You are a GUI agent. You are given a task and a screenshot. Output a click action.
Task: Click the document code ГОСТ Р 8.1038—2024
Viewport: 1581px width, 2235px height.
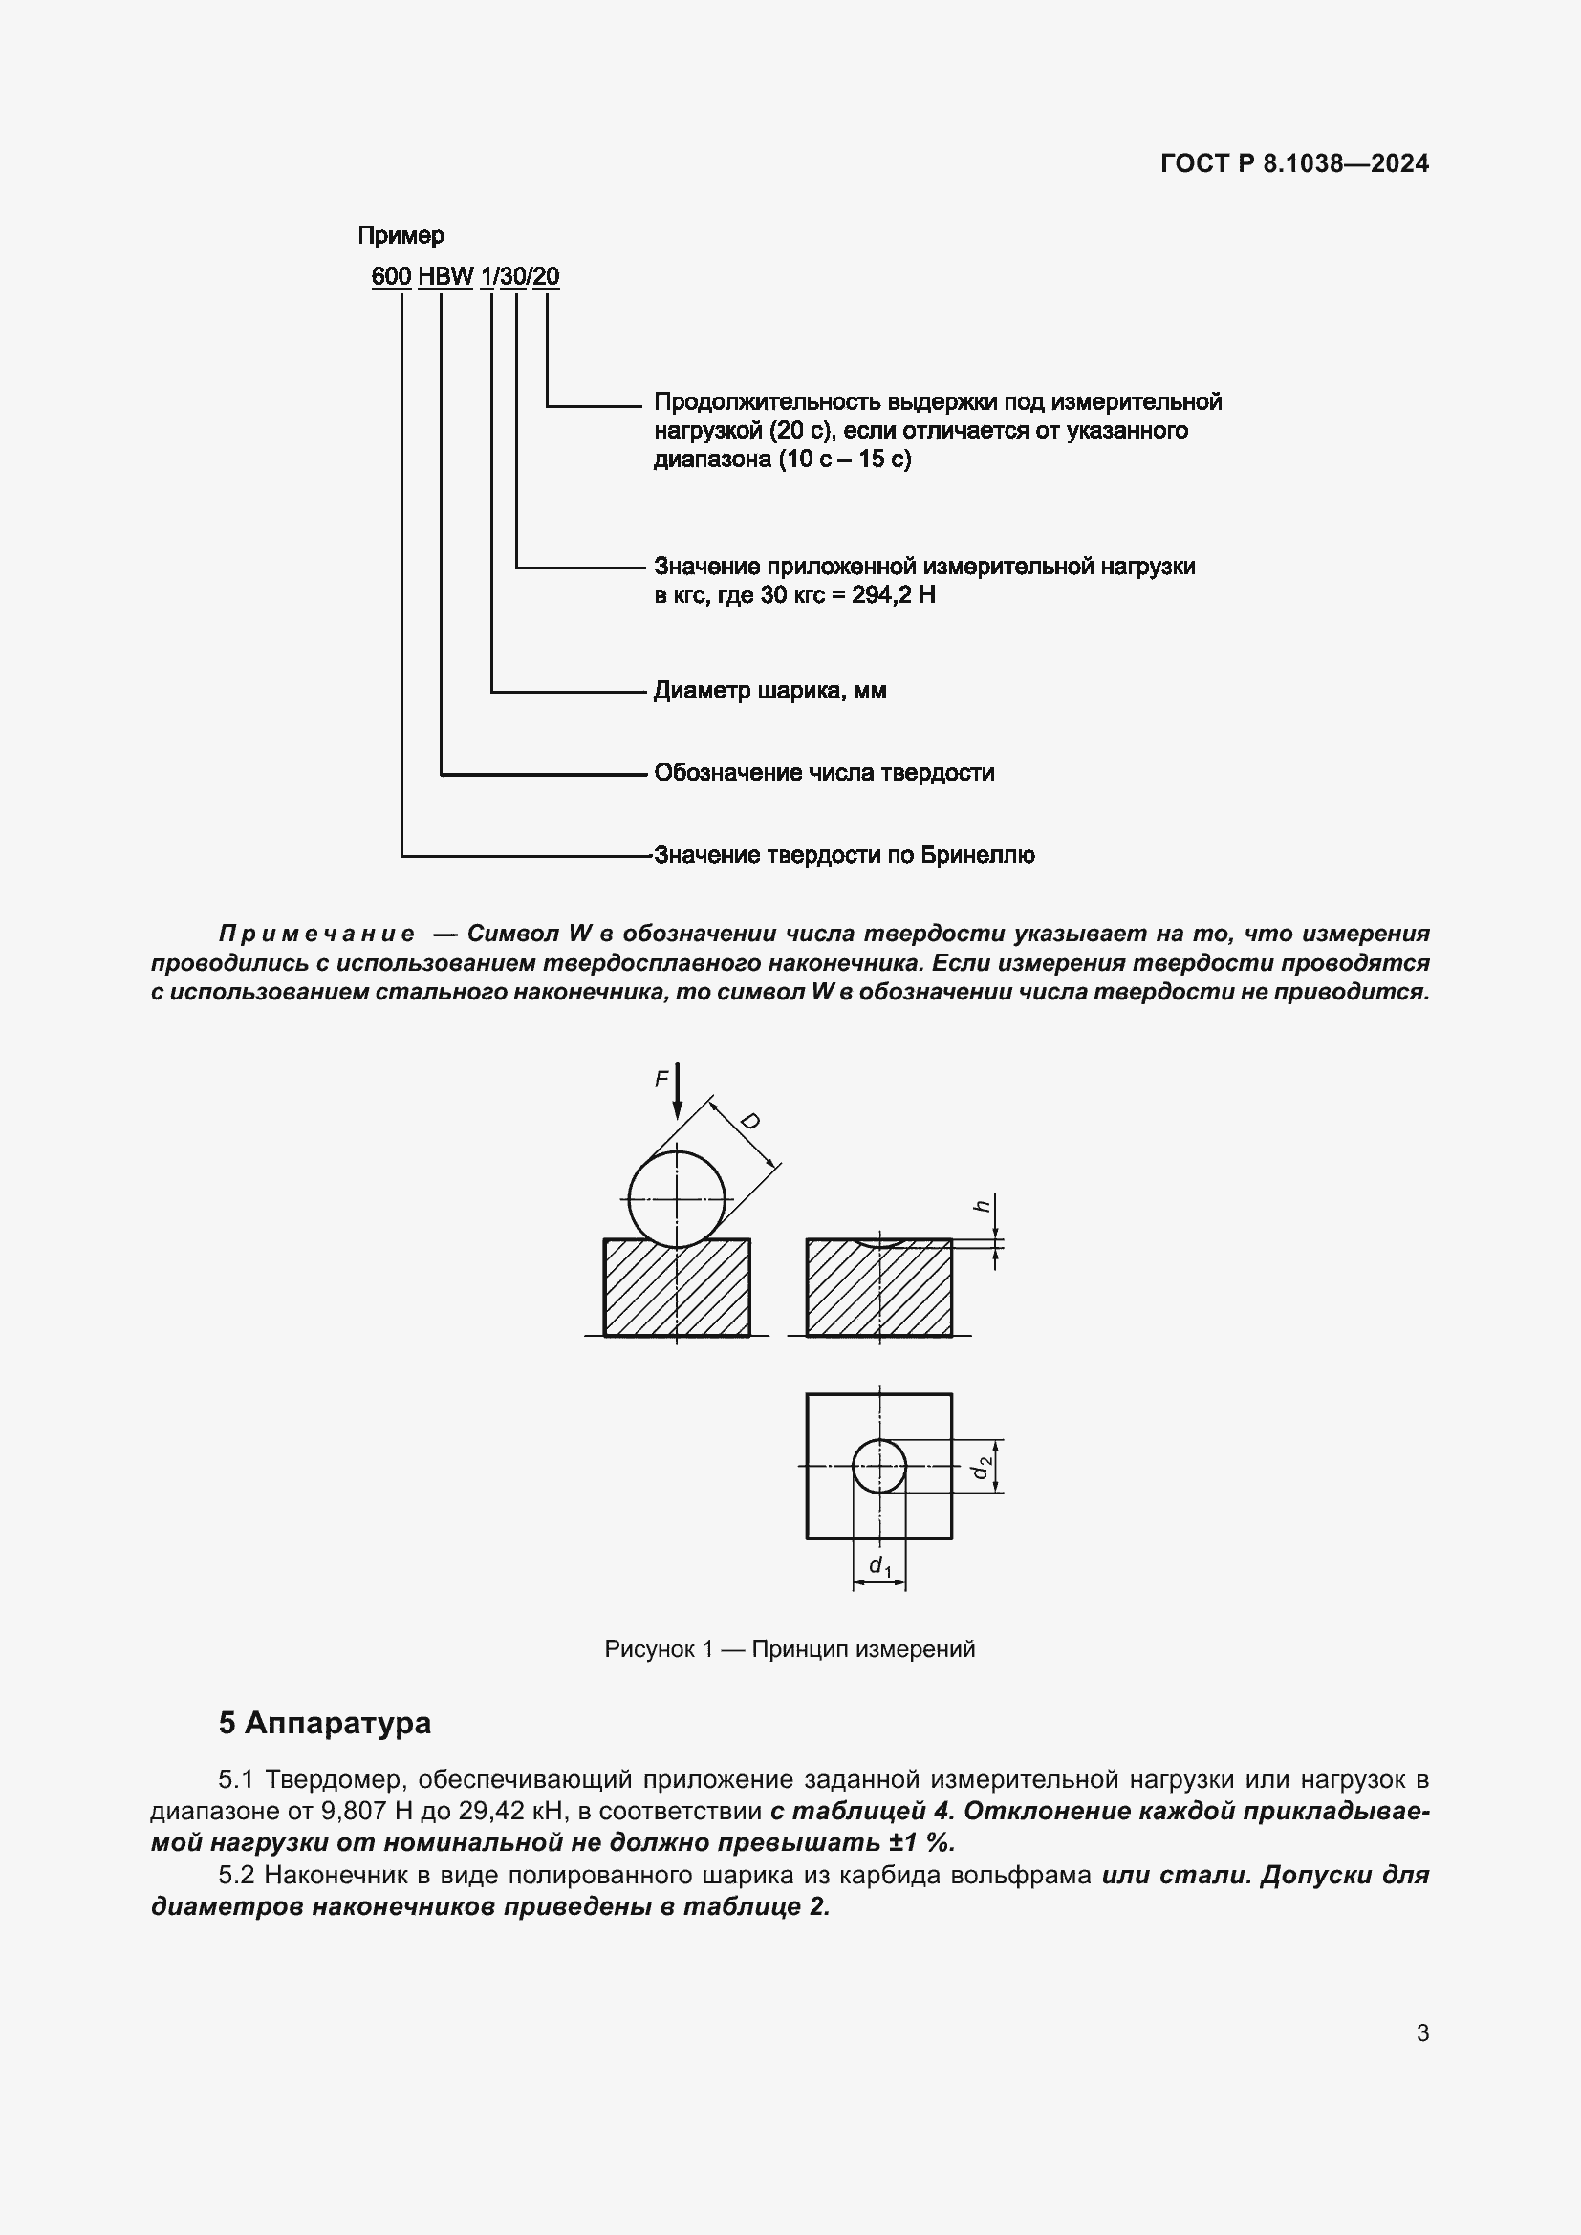(x=1294, y=163)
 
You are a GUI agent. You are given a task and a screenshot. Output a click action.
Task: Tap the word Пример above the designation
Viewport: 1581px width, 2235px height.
(x=401, y=236)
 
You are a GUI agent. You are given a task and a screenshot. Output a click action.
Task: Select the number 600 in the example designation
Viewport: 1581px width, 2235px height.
(x=390, y=276)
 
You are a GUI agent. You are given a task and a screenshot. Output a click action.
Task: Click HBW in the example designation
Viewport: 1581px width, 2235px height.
(x=444, y=276)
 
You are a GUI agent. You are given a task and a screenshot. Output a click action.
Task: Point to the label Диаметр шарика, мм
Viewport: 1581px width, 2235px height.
(x=769, y=691)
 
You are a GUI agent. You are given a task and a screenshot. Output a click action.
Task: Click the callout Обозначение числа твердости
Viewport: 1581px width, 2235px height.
(x=824, y=773)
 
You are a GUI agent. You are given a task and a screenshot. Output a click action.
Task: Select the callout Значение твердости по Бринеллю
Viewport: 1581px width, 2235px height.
(x=844, y=855)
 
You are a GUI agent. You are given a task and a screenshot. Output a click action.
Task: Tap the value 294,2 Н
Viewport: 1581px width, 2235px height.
(x=893, y=594)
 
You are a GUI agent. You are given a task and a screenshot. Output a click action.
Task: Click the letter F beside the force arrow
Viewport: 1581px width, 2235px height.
(x=661, y=1080)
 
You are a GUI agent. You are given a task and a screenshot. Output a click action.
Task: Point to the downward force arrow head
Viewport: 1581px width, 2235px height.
(x=678, y=1111)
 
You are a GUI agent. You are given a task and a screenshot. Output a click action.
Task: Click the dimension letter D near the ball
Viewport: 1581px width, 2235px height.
(x=749, y=1122)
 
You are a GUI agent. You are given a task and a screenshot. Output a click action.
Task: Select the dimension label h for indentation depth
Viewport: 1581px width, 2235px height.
(x=984, y=1206)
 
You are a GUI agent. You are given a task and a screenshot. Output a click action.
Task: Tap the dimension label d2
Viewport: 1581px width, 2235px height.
(x=985, y=1466)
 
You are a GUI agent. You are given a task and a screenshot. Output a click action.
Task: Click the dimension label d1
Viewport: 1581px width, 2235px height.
(x=879, y=1565)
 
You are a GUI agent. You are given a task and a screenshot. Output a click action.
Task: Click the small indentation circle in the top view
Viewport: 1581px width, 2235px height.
(x=879, y=1466)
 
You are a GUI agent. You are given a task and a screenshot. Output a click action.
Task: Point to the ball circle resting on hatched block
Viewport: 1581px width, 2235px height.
(x=677, y=1199)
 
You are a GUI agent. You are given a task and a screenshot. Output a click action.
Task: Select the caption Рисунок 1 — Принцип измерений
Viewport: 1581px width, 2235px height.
(x=790, y=1649)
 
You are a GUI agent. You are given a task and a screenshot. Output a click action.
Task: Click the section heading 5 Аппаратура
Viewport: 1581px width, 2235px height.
(x=324, y=1723)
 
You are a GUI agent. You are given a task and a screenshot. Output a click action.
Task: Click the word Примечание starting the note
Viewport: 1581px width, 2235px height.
(x=316, y=934)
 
